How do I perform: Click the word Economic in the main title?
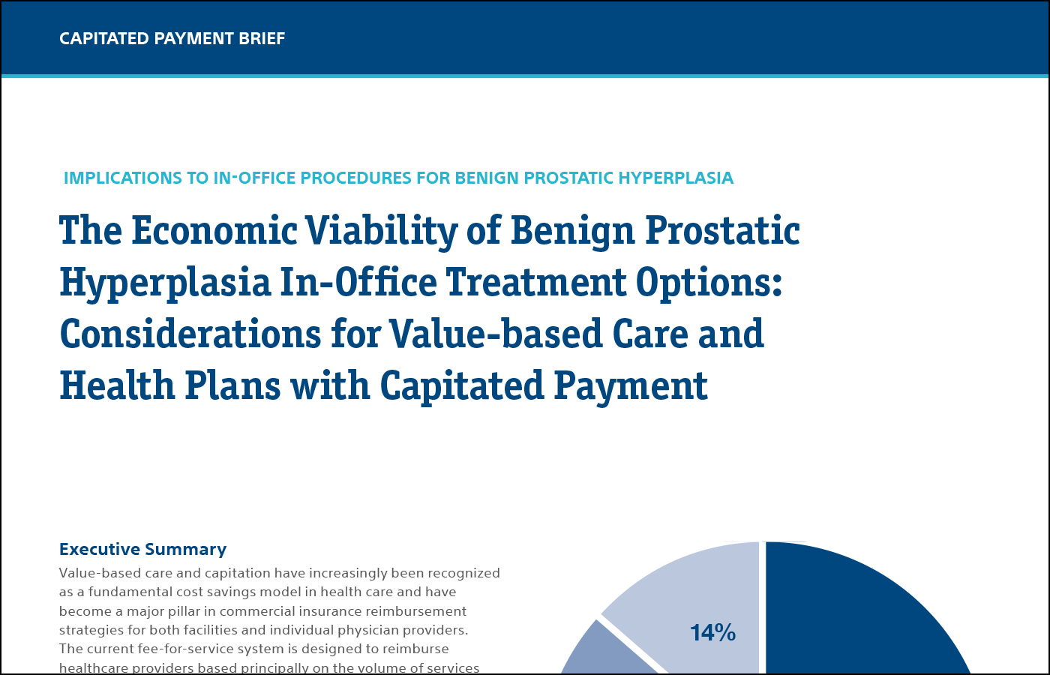coord(214,229)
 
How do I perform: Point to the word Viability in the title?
coord(381,229)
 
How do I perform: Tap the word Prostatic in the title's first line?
coord(722,229)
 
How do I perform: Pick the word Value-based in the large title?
coord(495,333)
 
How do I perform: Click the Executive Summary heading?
coord(142,549)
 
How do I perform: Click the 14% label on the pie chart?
coord(712,632)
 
